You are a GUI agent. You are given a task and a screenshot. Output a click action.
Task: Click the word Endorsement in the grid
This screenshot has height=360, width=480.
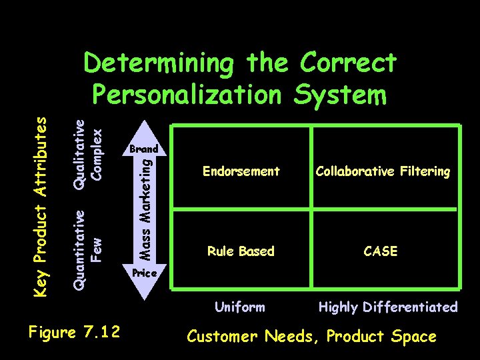click(x=241, y=171)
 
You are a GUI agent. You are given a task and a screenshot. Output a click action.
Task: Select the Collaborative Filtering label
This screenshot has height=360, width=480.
click(x=383, y=171)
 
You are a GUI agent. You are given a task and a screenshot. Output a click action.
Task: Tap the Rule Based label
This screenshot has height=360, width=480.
click(x=241, y=251)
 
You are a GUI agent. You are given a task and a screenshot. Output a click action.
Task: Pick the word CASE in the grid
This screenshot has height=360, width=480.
click(x=381, y=251)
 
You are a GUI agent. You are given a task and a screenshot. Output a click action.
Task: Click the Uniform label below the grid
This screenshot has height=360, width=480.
click(x=239, y=307)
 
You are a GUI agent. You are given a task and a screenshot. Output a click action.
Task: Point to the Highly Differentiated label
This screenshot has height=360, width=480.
click(x=388, y=307)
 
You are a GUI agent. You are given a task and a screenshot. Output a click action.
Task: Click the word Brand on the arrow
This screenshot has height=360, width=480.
click(x=144, y=149)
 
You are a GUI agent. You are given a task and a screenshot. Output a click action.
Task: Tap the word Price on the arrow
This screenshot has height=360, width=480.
click(x=144, y=273)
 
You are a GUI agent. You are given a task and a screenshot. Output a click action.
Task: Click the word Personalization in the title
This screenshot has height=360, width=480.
click(x=187, y=95)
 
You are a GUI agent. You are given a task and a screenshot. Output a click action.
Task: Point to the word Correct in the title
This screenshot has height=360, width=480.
click(x=349, y=63)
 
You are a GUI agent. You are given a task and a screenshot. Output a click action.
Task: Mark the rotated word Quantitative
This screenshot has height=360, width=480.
click(x=79, y=249)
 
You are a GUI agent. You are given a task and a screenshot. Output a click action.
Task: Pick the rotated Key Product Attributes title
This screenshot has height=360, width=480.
click(x=41, y=205)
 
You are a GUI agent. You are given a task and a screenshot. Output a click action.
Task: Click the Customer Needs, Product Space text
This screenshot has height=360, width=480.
click(x=312, y=337)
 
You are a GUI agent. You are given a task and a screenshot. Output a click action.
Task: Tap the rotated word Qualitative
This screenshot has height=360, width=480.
click(x=79, y=153)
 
